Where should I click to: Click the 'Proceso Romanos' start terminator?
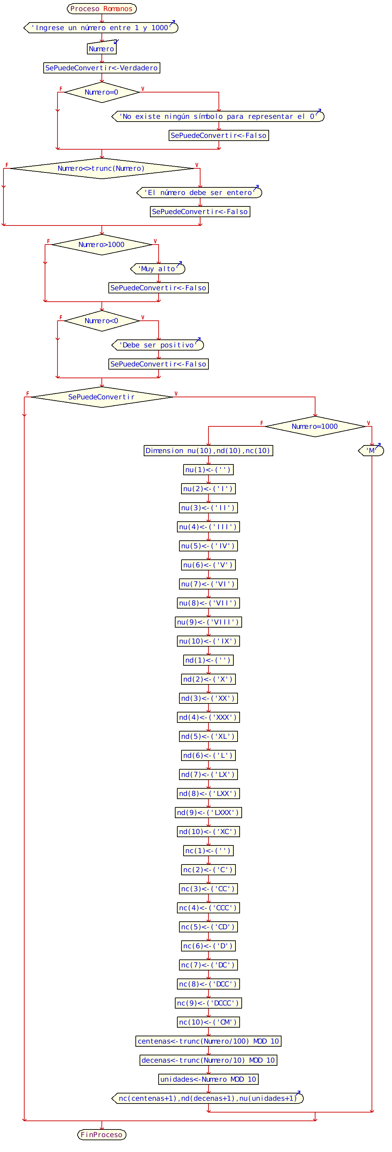[x=101, y=9]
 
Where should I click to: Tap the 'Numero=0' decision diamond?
[x=101, y=92]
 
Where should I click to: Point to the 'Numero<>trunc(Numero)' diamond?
[x=101, y=168]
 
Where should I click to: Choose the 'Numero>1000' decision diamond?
[x=101, y=245]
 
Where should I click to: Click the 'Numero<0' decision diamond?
[x=101, y=321]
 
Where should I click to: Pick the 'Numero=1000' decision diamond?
[x=315, y=426]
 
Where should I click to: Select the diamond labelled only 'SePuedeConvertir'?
[x=101, y=397]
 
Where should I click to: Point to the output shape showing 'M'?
[x=371, y=450]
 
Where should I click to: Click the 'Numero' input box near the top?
[x=101, y=49]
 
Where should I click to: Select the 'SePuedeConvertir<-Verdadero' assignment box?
[x=101, y=68]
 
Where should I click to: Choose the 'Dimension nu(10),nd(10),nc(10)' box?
[x=208, y=450]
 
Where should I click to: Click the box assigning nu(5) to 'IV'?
[x=208, y=546]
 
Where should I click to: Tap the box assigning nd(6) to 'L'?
[x=208, y=755]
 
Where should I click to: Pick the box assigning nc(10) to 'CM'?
[x=208, y=1022]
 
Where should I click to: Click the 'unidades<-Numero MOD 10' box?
[x=208, y=1079]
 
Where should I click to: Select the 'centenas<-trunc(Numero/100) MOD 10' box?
[x=208, y=1041]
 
